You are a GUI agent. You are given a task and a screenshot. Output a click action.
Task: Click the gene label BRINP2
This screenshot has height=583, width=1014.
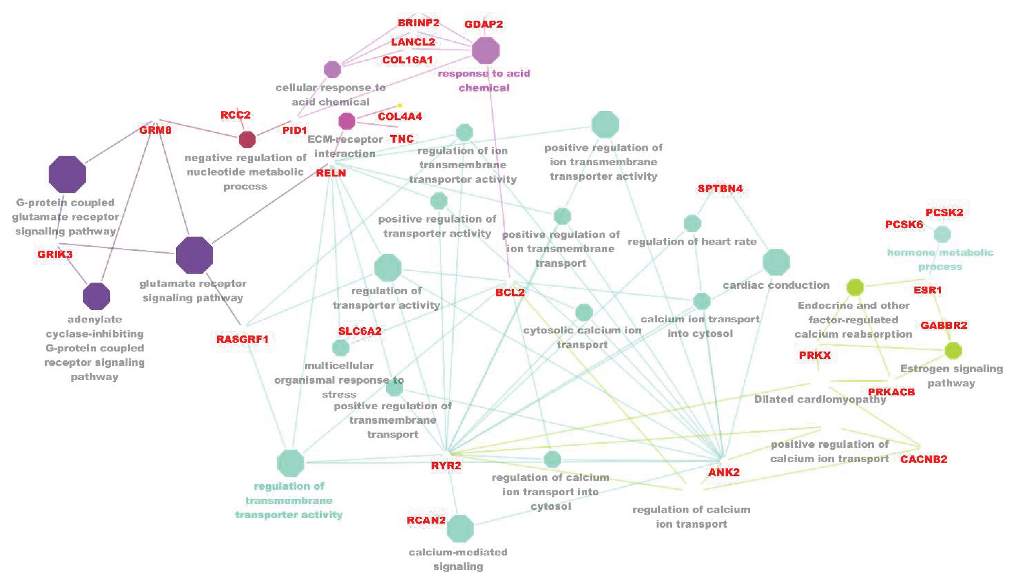point(418,23)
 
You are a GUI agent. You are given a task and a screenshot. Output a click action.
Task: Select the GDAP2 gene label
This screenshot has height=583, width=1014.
point(483,24)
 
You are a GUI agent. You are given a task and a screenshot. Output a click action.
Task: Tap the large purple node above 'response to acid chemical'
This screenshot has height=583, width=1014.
point(486,50)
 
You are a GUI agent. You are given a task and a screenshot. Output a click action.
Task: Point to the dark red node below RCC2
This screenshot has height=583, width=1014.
point(247,139)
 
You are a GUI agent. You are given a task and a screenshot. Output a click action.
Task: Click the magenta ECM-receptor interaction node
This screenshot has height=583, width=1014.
point(347,121)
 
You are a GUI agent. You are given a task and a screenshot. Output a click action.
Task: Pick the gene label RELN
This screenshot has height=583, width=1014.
point(331,173)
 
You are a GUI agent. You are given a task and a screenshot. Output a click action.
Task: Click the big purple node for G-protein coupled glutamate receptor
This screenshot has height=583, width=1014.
point(67,174)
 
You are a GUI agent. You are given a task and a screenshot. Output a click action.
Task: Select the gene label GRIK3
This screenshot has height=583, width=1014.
point(55,254)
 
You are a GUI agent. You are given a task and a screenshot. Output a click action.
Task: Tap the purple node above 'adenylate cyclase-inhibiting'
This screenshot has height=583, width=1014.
point(96,296)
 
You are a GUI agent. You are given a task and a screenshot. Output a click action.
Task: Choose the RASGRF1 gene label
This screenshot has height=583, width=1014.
point(242,339)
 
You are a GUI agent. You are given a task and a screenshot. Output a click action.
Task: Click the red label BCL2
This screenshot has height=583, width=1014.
point(510,292)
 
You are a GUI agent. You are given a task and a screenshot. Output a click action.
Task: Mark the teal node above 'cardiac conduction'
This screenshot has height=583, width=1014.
point(776,262)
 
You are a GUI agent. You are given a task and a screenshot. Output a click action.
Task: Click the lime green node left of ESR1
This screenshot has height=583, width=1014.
point(855,287)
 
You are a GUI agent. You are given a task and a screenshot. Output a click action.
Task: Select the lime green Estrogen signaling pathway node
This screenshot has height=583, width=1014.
point(953,350)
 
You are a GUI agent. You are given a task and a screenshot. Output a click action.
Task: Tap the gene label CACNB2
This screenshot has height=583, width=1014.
point(924,459)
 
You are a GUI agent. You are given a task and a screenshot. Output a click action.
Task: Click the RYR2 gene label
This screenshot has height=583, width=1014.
point(446,465)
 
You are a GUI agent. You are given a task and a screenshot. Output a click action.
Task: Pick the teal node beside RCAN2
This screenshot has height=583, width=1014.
point(460,528)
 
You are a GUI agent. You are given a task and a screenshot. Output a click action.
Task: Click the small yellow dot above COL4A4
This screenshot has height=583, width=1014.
point(400,105)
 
